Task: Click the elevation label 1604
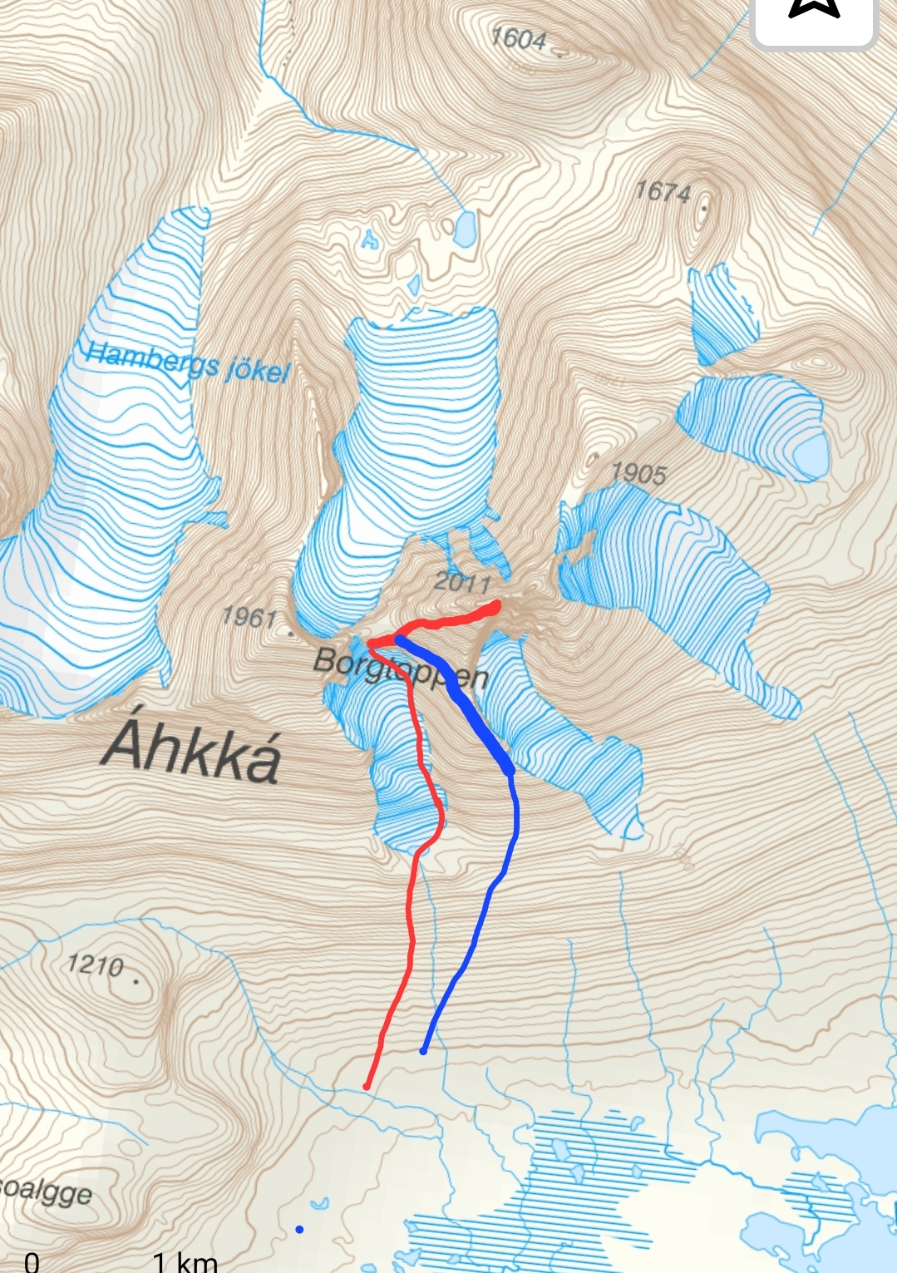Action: point(519,39)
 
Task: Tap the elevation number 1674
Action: point(663,192)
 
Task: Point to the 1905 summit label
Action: point(638,473)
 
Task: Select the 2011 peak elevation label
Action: point(461,581)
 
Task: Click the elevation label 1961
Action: point(249,617)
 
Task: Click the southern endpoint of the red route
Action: point(367,1086)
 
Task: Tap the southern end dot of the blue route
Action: point(423,1051)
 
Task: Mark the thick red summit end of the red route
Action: point(494,607)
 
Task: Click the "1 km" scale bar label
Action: point(185,1262)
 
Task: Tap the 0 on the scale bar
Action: point(32,1262)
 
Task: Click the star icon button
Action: point(813,10)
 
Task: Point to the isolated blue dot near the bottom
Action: point(299,1229)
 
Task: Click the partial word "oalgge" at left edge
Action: point(46,1192)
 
